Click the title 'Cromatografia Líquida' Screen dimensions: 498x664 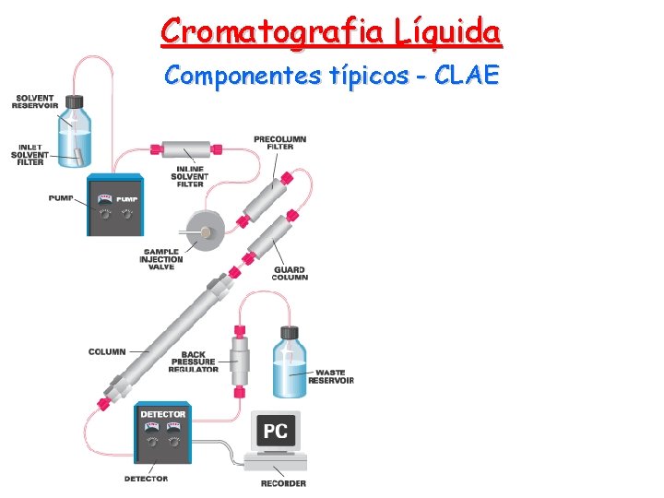pyautogui.click(x=331, y=31)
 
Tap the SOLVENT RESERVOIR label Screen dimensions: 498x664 pyautogui.click(x=33, y=101)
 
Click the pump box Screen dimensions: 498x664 pyautogui.click(x=115, y=206)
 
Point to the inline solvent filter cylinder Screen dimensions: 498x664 pyautogui.click(x=186, y=148)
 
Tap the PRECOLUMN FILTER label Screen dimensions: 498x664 pyautogui.click(x=280, y=143)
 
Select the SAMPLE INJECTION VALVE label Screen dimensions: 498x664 pyautogui.click(x=161, y=259)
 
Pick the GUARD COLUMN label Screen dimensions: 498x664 pyautogui.click(x=290, y=273)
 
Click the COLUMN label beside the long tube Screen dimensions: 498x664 pyautogui.click(x=107, y=351)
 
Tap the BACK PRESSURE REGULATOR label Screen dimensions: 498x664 pyautogui.click(x=194, y=362)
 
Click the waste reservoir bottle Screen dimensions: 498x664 pyautogui.click(x=289, y=366)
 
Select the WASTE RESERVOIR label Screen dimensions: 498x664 pyautogui.click(x=330, y=376)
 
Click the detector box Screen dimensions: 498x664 pyautogui.click(x=163, y=433)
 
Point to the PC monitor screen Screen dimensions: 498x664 pyautogui.click(x=276, y=431)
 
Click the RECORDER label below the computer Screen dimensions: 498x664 pyautogui.click(x=283, y=483)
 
